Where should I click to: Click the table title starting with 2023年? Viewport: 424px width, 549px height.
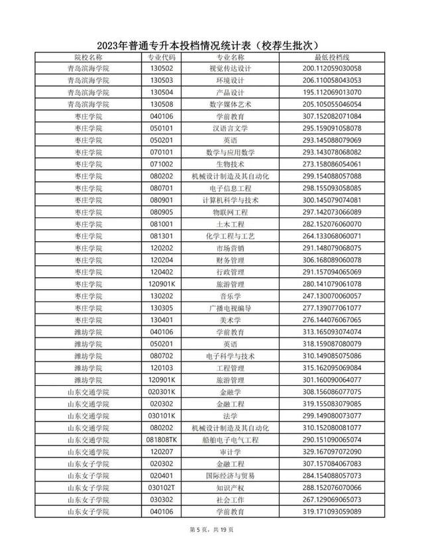[212, 45]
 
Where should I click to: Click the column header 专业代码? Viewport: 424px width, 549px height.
[162, 58]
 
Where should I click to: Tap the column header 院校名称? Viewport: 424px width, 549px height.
[88, 58]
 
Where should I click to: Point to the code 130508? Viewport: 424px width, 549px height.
[162, 104]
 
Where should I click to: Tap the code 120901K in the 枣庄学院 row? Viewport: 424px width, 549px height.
[162, 283]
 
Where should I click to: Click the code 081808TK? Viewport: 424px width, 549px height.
[162, 440]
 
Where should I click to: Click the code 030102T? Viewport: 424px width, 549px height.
[162, 487]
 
